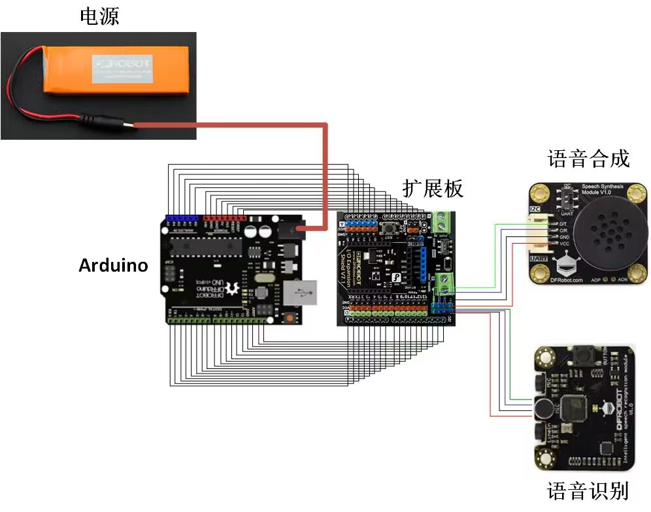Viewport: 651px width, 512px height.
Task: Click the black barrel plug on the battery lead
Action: [105, 122]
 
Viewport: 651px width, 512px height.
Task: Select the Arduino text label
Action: [113, 265]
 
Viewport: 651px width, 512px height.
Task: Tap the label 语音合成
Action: [588, 159]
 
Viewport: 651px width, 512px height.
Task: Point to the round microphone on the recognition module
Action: [543, 409]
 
